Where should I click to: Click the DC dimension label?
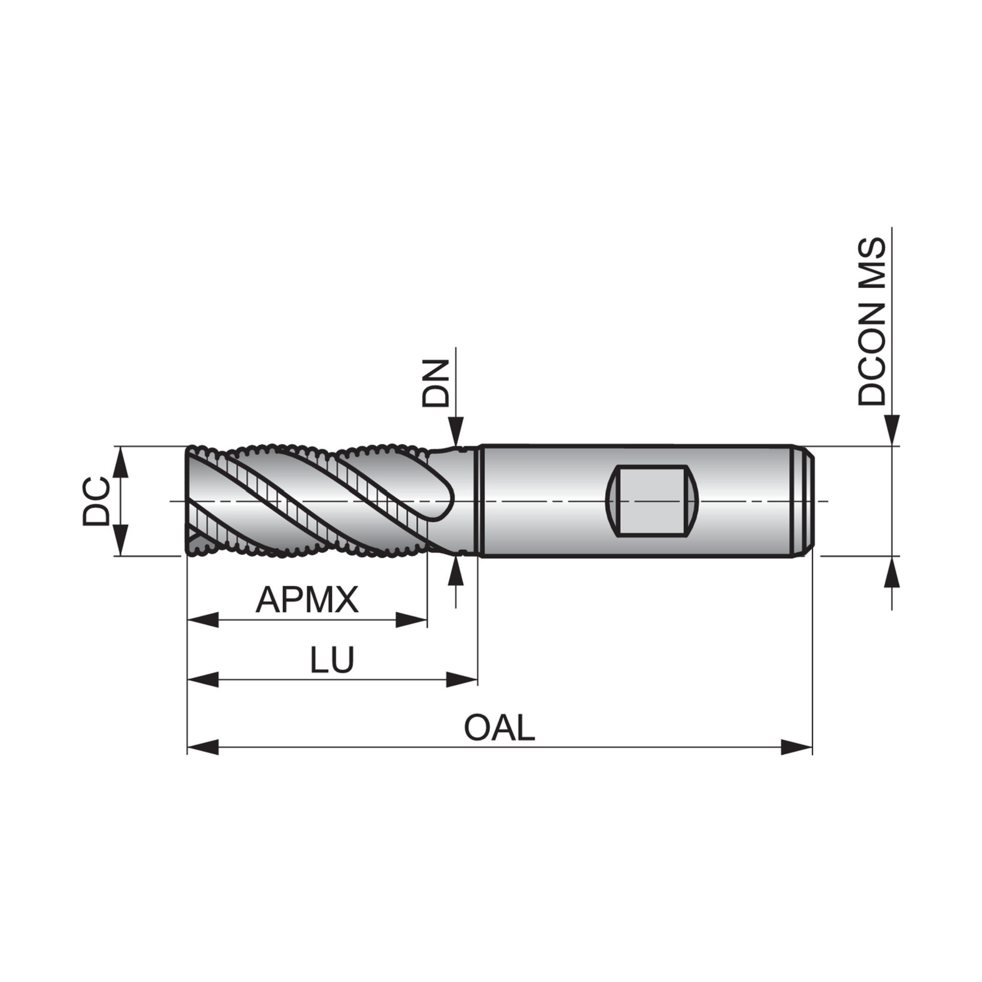[96, 501]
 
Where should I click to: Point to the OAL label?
[499, 728]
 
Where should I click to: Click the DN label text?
[434, 383]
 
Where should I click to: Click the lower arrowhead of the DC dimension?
[121, 540]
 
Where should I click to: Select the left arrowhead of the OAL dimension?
[203, 747]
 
